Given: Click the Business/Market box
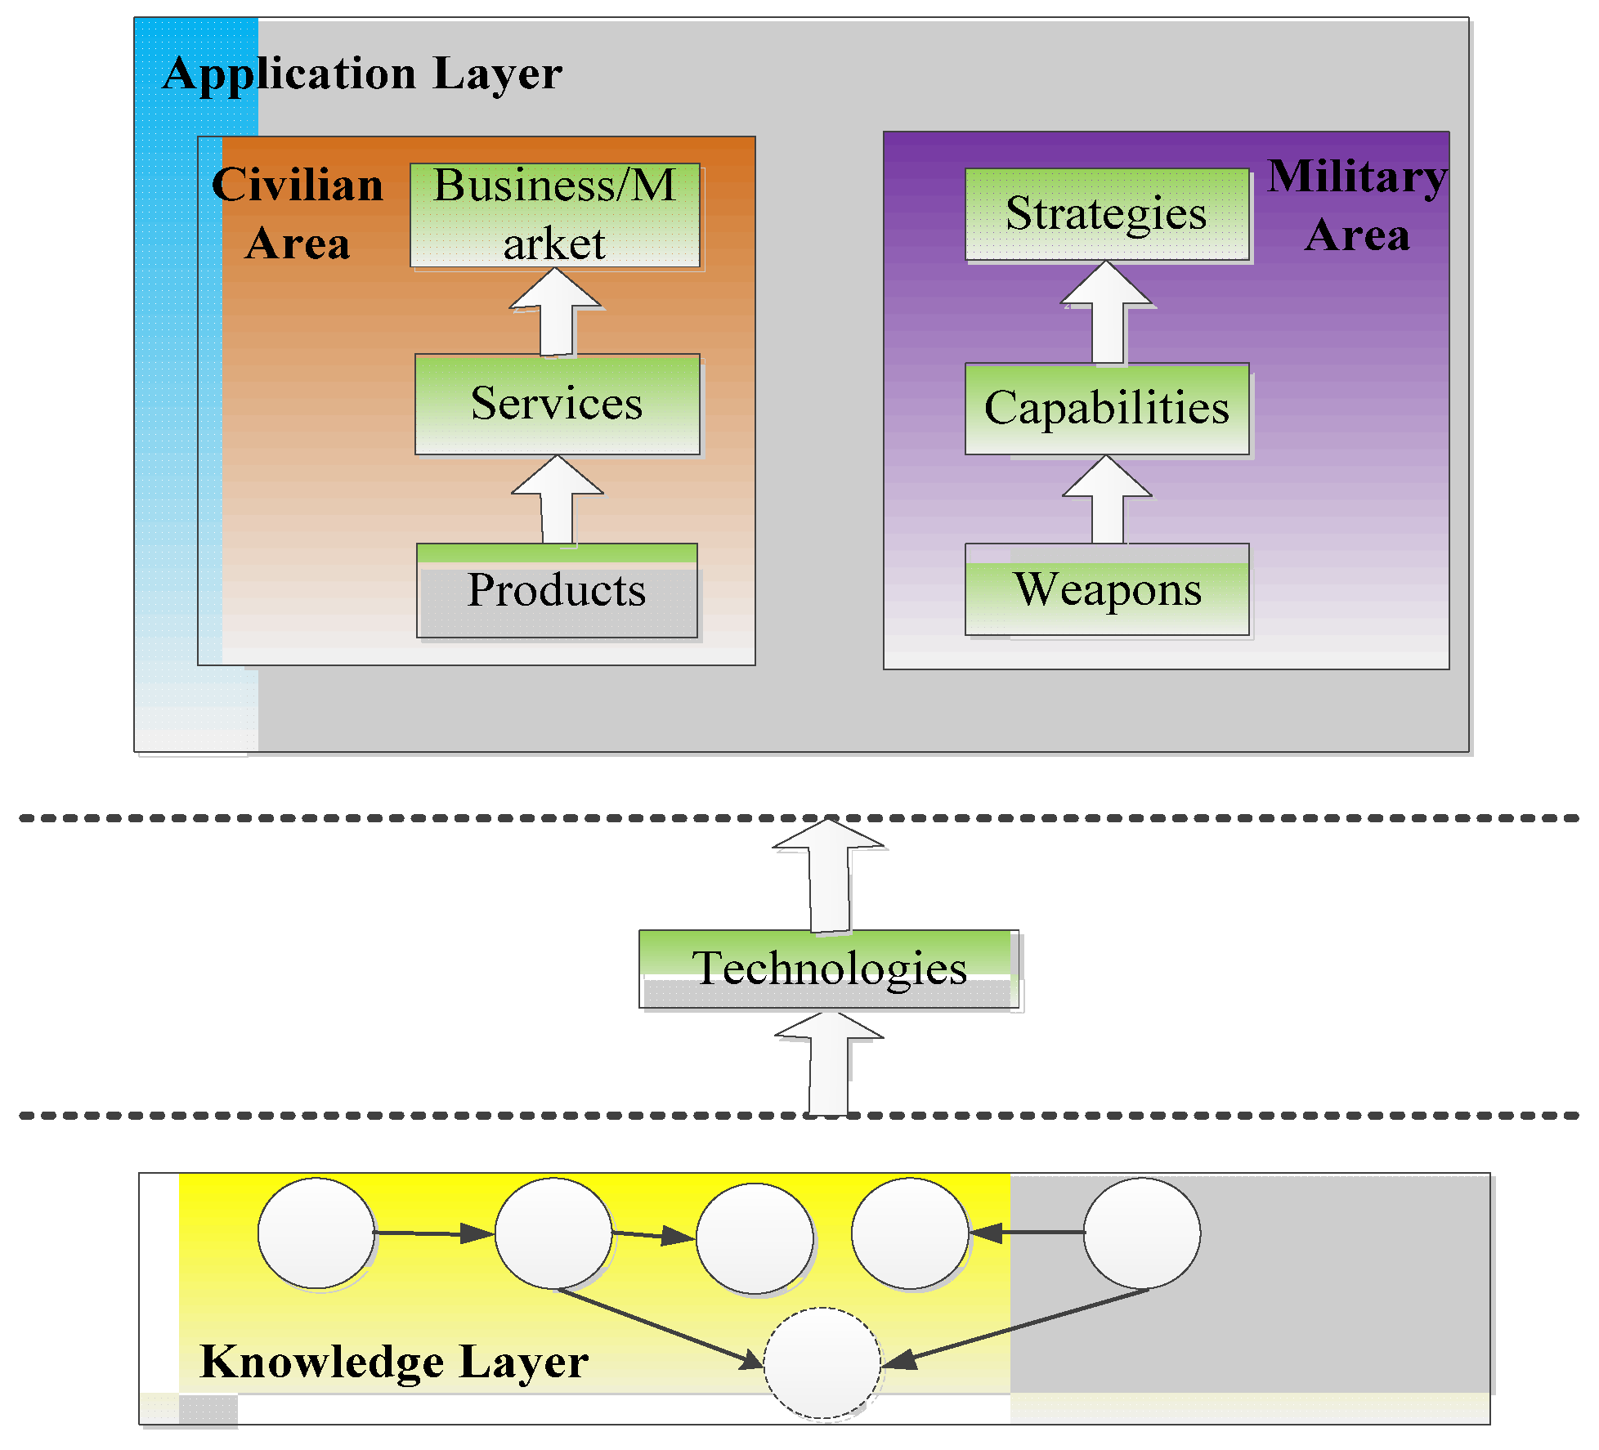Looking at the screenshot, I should pos(555,215).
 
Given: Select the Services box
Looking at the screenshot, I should pos(557,404).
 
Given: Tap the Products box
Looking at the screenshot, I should pos(557,591).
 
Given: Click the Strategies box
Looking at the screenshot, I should pos(1107,214).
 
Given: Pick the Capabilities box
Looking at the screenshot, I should pos(1107,408).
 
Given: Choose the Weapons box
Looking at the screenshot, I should pos(1107,589).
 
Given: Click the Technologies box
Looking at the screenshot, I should pos(828,969).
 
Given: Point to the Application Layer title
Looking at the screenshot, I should pos(362,74).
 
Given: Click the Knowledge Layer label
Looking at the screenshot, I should pos(393,1362).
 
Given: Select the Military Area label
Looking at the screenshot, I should pos(1357,206).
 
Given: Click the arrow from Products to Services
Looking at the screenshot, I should pos(558,500).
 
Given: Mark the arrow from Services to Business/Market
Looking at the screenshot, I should pos(557,313).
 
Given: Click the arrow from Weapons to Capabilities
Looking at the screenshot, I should pos(1108,500).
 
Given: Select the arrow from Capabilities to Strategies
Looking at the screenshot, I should pos(1108,313).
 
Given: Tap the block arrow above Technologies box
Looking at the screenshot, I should pos(829,875).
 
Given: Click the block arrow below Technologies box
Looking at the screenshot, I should pos(829,1064).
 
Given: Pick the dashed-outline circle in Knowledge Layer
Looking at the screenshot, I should pos(822,1363).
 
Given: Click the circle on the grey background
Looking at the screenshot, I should pos(1141,1233).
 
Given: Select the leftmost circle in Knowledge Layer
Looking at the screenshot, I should pos(316,1233).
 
